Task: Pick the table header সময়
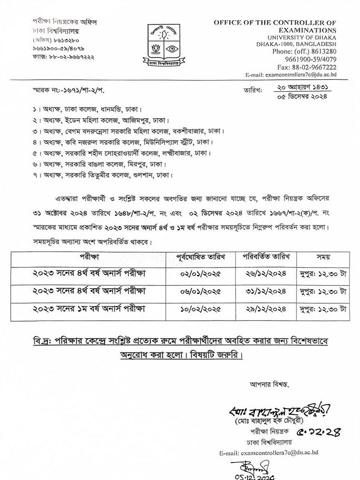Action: click(322, 257)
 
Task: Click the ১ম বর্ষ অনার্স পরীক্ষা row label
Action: click(89, 308)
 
